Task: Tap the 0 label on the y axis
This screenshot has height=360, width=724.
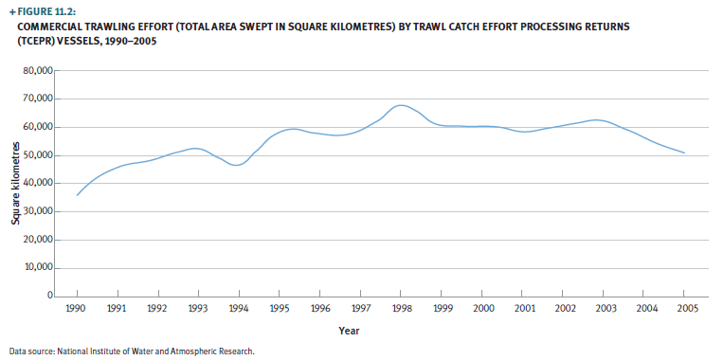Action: [x=51, y=297]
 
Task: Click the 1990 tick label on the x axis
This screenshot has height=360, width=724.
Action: [x=77, y=309]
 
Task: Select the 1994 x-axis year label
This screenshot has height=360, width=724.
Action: [x=239, y=309]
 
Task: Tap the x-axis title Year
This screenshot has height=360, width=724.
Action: [x=350, y=331]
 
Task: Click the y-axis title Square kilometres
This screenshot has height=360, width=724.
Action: [x=16, y=184]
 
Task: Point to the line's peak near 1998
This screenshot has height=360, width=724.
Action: [x=401, y=105]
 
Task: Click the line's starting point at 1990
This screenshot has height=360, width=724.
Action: [x=78, y=195]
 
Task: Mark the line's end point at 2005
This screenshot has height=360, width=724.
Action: [x=684, y=153]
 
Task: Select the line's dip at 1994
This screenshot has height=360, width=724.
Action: [x=237, y=165]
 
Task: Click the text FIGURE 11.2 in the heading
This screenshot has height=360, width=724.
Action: [x=48, y=10]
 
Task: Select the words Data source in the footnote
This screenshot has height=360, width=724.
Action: [x=29, y=351]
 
